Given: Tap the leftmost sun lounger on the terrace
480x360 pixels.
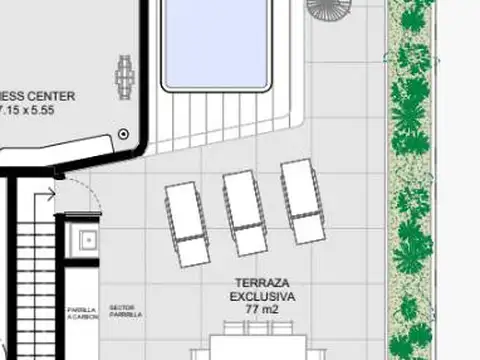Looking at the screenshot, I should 185,224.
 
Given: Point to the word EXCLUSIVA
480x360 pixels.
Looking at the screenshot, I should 263,297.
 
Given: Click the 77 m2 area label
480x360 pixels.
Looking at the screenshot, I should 263,310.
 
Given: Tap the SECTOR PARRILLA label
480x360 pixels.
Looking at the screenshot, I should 126,311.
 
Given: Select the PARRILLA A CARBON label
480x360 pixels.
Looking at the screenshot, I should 83,313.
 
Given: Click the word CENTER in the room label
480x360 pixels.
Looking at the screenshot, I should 64,95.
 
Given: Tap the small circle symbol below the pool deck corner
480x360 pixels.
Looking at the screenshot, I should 123,133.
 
